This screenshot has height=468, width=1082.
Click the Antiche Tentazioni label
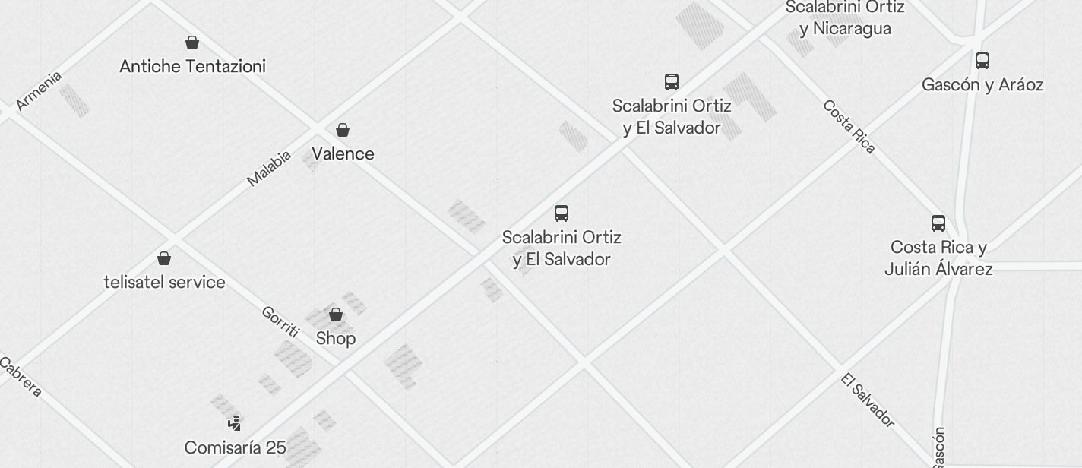192,66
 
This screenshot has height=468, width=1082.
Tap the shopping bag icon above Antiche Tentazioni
192,43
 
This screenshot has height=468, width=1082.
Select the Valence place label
343,153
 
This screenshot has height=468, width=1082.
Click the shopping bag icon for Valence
343,130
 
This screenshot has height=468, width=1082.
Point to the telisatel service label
164,282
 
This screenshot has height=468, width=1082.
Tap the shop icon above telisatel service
164,258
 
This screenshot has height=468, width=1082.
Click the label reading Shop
336,338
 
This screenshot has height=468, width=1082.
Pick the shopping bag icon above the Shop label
336,315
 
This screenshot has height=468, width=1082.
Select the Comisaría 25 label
236,447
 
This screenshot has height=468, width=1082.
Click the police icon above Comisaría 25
236,423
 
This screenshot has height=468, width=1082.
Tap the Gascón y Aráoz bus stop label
982,84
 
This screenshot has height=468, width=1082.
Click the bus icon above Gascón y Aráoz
982,60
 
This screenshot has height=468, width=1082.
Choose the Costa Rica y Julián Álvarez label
938,258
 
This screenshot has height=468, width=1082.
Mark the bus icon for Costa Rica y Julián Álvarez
938,223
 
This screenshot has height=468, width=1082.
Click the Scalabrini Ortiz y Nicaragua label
845,18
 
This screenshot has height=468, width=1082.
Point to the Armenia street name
39,90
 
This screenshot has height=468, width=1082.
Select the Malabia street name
269,168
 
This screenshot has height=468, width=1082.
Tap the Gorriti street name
280,321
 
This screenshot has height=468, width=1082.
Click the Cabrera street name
21,378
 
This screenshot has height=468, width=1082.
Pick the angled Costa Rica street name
849,126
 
